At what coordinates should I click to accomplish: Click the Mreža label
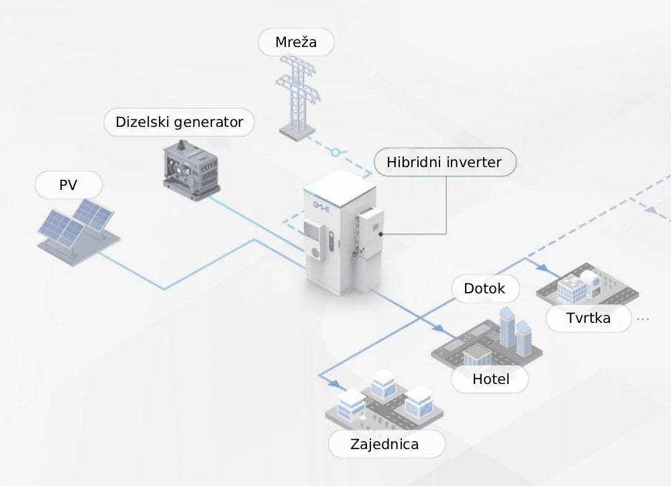click(x=296, y=44)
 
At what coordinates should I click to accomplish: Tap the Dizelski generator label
click(x=179, y=123)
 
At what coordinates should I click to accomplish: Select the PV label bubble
click(x=68, y=185)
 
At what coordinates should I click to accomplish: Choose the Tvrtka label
click(x=588, y=318)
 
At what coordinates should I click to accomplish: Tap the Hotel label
click(x=491, y=379)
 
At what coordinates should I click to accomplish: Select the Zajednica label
click(x=384, y=444)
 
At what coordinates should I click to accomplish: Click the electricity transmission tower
click(x=296, y=97)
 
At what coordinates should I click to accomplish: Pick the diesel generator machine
click(x=190, y=168)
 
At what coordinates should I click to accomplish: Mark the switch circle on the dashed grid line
click(x=335, y=152)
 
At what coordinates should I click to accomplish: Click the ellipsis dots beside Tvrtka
click(x=643, y=318)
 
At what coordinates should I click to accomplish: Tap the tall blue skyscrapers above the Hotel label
click(x=513, y=330)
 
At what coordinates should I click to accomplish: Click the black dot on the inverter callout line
click(x=381, y=234)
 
